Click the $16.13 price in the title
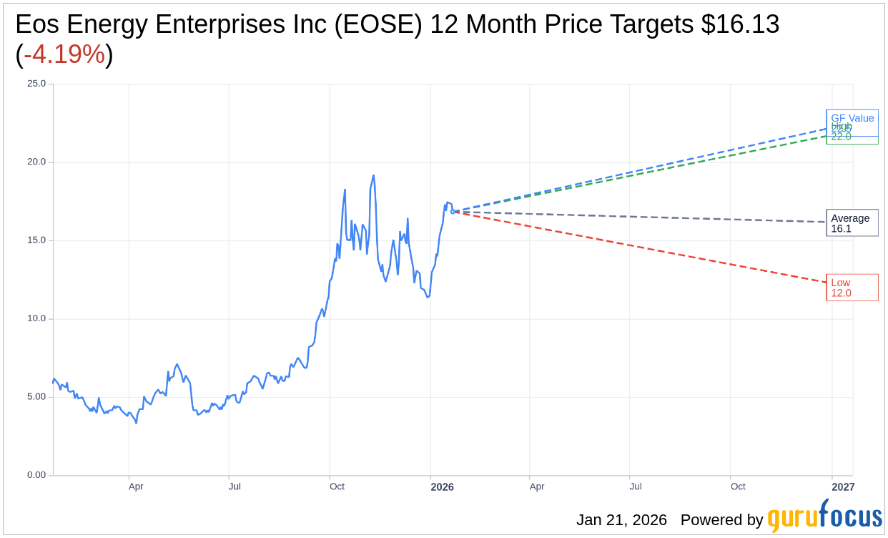[x=740, y=24]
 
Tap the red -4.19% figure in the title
[x=64, y=54]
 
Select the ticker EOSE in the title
[x=382, y=24]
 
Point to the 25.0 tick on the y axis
[x=36, y=84]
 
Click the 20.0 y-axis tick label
[x=36, y=162]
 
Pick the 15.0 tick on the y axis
[x=36, y=240]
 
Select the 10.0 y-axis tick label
[x=36, y=318]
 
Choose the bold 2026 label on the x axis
[x=442, y=487]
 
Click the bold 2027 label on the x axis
[x=843, y=487]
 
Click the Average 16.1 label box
[x=852, y=223]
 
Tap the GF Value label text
[x=852, y=118]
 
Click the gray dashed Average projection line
[x=643, y=217]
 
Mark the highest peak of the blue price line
[x=373, y=175]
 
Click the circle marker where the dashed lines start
[x=453, y=211]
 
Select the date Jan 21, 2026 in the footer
[x=621, y=520]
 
